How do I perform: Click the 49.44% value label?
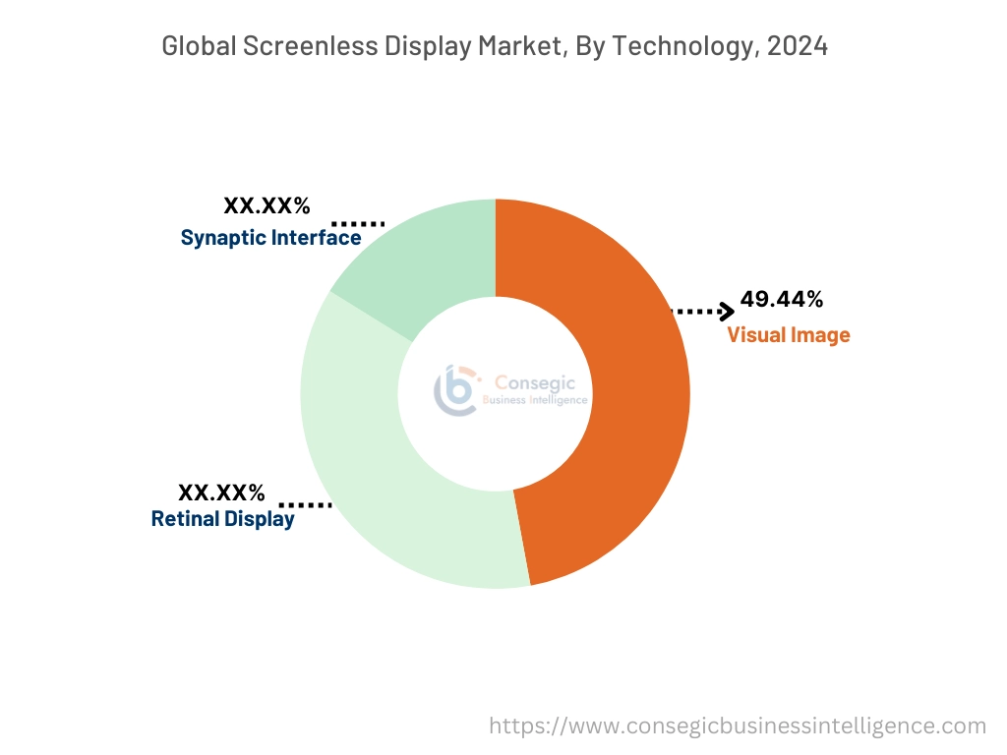coord(782,299)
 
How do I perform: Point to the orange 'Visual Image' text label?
coord(788,335)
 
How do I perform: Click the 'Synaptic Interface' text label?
coord(270,238)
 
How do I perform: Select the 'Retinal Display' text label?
coord(222,519)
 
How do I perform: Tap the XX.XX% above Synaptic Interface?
coord(267,206)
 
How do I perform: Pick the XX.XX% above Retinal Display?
coord(221,493)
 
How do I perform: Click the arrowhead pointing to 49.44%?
coord(727,312)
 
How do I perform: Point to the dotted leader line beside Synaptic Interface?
coord(358,224)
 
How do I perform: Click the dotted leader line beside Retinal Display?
coord(312,505)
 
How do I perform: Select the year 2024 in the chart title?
coord(796,45)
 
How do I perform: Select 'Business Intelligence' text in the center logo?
coord(535,400)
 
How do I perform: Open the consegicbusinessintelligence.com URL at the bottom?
coord(738,726)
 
